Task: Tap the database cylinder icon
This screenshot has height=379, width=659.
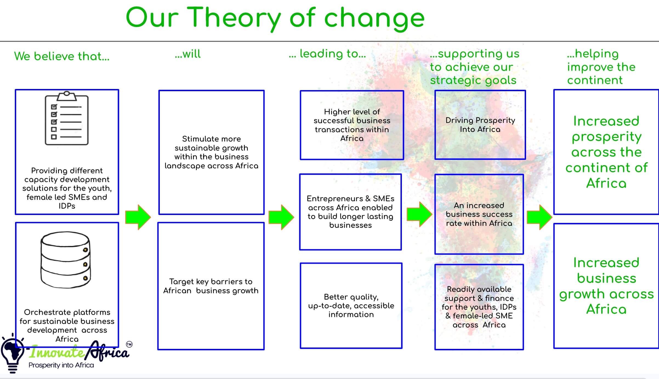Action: click(66, 260)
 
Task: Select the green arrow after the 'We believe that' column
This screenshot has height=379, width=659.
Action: click(138, 217)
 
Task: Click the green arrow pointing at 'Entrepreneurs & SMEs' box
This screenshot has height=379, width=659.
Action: click(281, 217)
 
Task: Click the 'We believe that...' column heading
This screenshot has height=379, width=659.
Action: click(62, 56)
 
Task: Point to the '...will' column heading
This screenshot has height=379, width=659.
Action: click(188, 54)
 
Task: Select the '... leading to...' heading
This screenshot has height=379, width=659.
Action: click(327, 54)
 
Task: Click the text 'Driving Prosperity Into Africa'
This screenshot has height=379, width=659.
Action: click(480, 125)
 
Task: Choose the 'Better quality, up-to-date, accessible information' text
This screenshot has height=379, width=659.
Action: click(351, 306)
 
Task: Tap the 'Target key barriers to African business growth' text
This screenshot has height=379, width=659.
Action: click(211, 286)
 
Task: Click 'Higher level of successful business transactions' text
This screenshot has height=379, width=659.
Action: click(352, 125)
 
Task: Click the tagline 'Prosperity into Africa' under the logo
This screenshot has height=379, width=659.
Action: click(61, 365)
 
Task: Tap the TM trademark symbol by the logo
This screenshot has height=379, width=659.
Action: click(129, 344)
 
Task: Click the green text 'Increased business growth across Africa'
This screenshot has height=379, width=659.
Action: click(606, 286)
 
